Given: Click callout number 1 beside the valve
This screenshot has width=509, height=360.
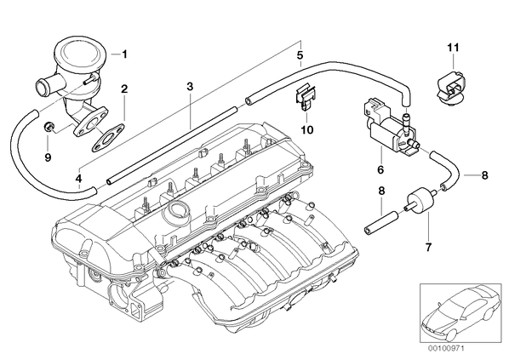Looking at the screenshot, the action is point(124,54).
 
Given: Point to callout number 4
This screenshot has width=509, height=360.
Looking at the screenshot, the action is point(79,178).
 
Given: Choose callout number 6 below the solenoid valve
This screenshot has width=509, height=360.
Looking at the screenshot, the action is point(380,169).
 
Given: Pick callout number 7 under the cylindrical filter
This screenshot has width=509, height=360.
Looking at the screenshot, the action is point(428,247).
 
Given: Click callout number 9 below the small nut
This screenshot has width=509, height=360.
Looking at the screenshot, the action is point(48,157).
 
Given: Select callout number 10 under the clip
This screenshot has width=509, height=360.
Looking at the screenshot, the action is point(307,130).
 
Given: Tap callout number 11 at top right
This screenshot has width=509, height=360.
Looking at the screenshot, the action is point(454,48).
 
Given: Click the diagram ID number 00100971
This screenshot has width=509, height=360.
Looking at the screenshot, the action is point(446,349).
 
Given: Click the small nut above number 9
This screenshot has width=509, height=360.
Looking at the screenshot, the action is point(49,127).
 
